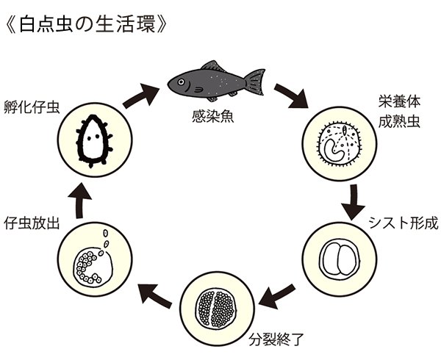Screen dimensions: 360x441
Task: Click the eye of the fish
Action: tap(179, 78)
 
